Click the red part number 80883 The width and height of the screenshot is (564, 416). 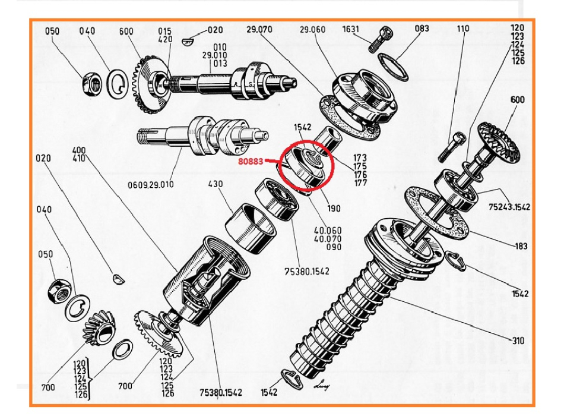click(252, 160)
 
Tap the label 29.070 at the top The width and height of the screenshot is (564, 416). click(259, 29)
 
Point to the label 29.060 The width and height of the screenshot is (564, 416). click(313, 29)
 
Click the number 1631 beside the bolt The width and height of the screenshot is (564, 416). click(351, 29)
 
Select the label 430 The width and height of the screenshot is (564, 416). click(215, 184)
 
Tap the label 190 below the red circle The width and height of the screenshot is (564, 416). click(334, 209)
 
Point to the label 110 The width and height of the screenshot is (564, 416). click(463, 29)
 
